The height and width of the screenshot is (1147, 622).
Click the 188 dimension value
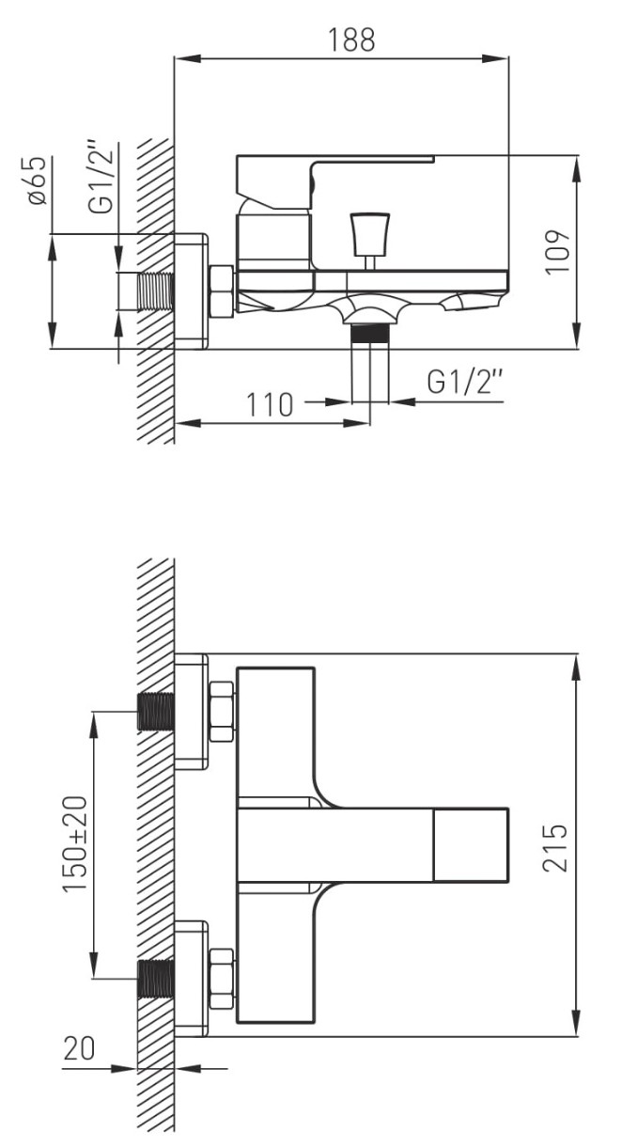coord(351,39)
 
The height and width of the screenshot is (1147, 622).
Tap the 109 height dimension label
coord(557,252)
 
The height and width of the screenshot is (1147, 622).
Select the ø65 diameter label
coord(38,181)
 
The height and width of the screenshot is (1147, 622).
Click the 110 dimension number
coord(270,405)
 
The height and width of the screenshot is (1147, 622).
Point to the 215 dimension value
coord(555,847)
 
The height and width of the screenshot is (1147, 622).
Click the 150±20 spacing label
coord(75,844)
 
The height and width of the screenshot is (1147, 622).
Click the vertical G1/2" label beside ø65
coord(101,178)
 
